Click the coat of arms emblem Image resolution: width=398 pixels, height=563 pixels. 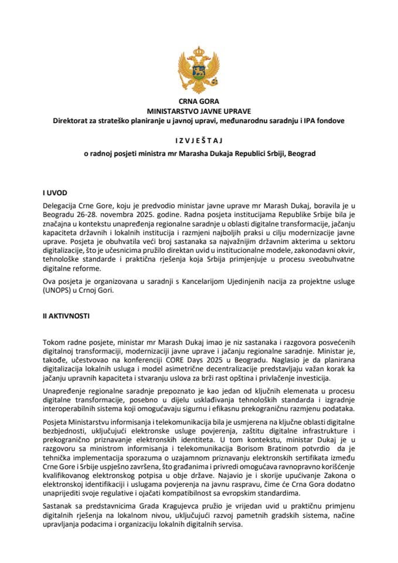pyautogui.click(x=199, y=70)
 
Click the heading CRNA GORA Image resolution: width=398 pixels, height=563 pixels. pyautogui.click(x=199, y=102)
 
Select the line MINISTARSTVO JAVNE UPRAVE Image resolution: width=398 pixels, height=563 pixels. pyautogui.click(x=199, y=111)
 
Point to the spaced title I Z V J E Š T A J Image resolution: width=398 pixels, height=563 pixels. pyautogui.click(x=199, y=141)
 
